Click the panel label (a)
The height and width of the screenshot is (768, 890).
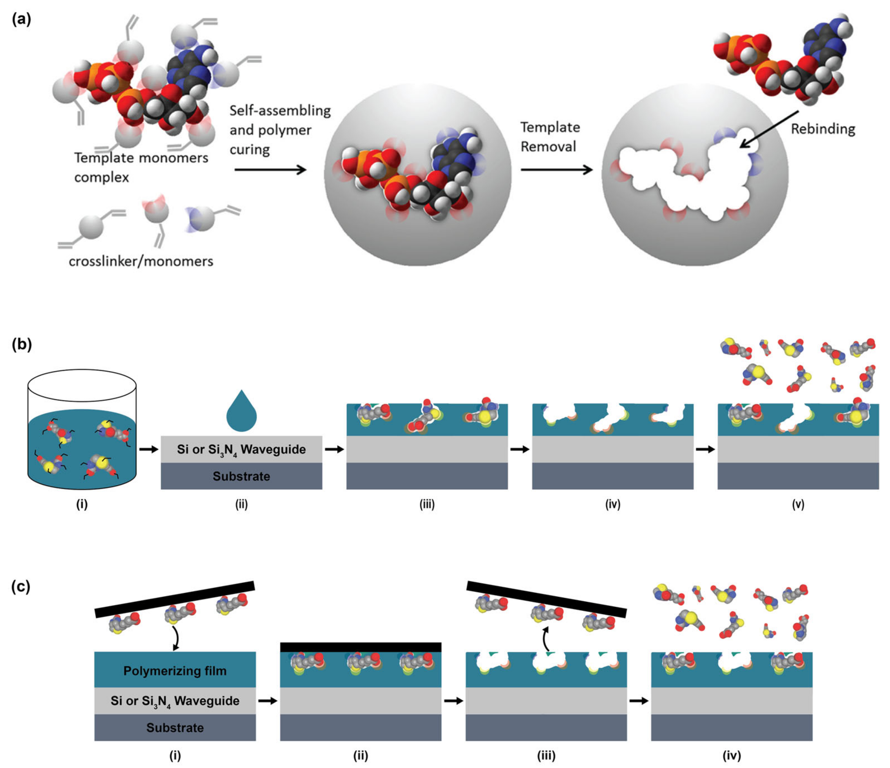point(21,19)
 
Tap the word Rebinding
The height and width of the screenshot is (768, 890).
point(823,129)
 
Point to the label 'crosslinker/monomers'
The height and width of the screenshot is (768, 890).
point(141,261)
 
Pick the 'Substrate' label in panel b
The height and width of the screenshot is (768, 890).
point(242,476)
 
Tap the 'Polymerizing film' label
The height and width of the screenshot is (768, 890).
point(175,671)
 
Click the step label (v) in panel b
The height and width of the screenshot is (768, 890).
point(798,504)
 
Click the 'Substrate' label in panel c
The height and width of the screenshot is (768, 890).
point(175,728)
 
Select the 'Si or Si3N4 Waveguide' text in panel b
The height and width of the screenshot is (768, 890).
point(242,450)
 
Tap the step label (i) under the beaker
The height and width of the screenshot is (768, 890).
point(82,504)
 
